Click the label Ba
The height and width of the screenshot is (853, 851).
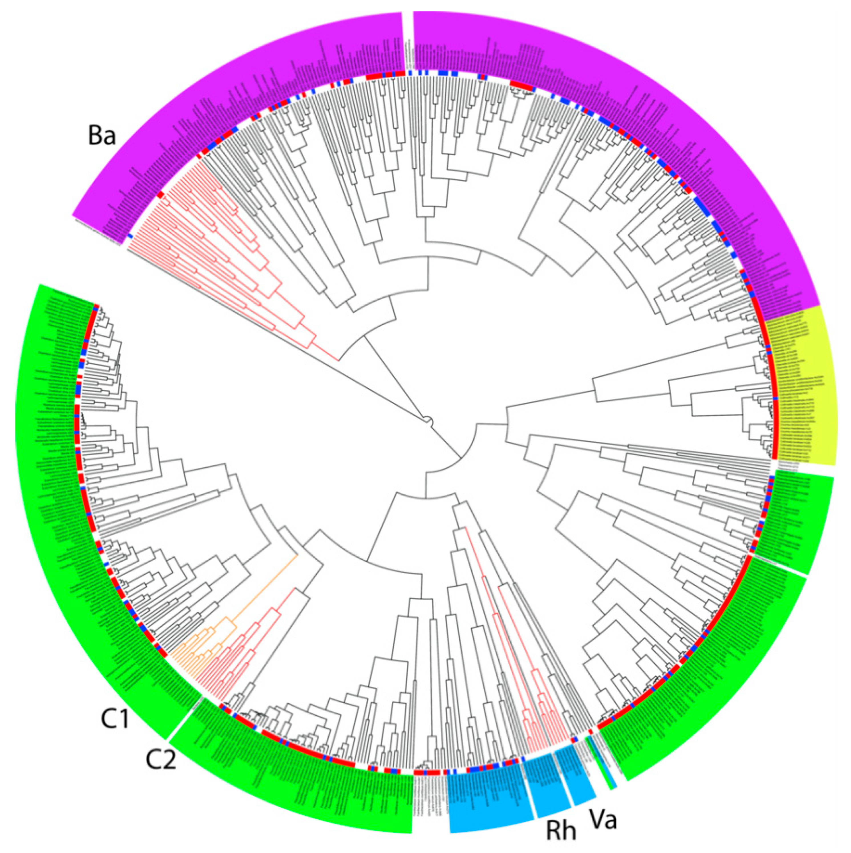[x=102, y=135]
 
